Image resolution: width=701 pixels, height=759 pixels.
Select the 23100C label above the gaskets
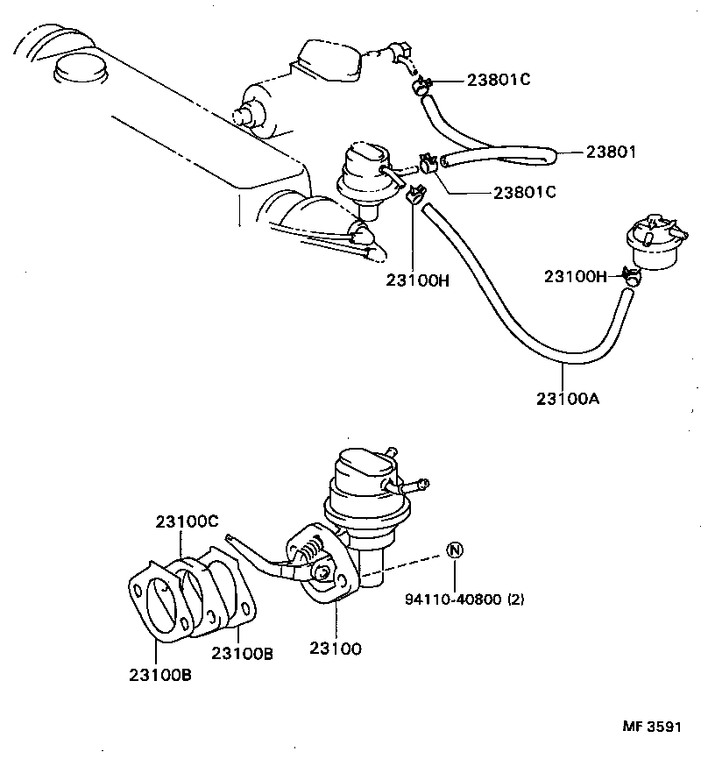pos(187,520)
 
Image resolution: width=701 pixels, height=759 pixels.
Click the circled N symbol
pos(454,550)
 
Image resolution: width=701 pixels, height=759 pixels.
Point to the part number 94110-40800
pos(454,600)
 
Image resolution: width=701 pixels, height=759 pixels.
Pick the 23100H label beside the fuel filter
pos(575,276)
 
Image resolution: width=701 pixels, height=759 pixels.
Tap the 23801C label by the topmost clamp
pos(498,81)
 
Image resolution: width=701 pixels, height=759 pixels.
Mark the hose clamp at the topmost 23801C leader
pos(422,85)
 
